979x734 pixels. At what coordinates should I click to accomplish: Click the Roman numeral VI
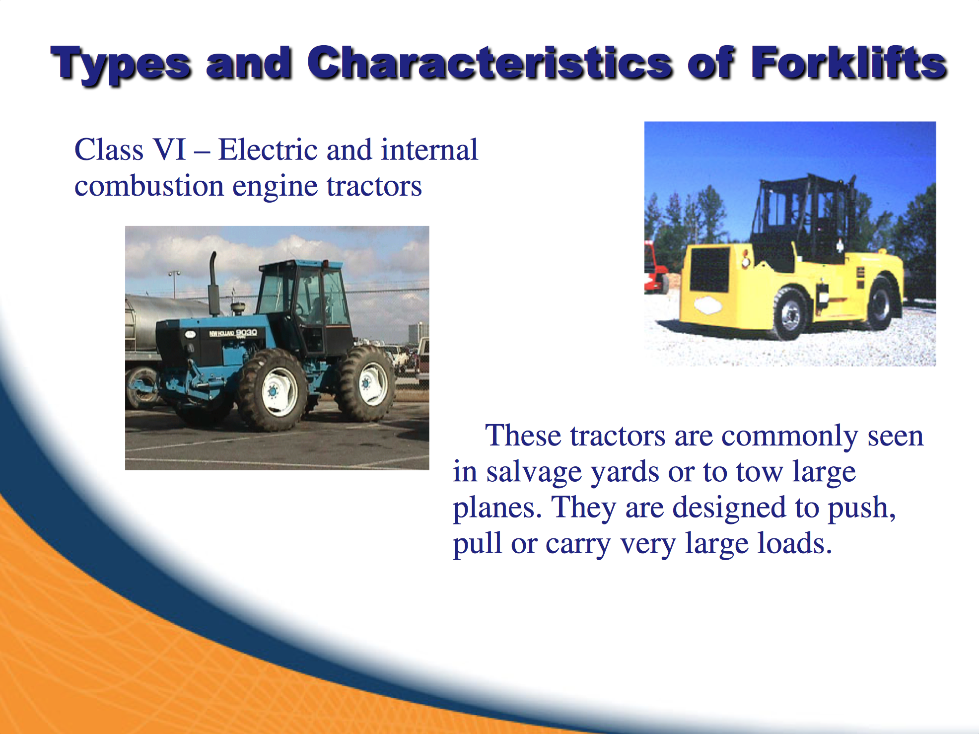tap(169, 149)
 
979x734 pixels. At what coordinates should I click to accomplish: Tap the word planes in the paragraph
tap(497, 509)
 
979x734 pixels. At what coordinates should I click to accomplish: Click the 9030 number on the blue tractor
tap(246, 332)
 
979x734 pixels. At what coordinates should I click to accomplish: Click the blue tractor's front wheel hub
tap(273, 392)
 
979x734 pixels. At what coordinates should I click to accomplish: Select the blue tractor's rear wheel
tap(366, 383)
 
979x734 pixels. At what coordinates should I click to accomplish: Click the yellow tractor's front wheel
tap(790, 314)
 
